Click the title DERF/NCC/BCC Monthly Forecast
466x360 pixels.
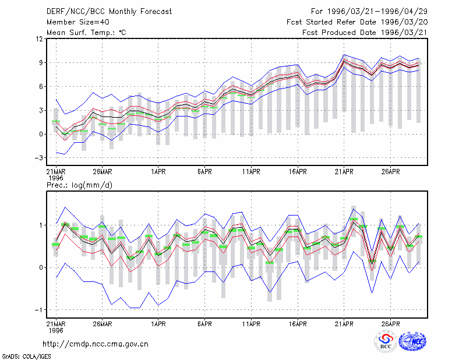pyautogui.click(x=109, y=12)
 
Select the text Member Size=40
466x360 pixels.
pyautogui.click(x=78, y=22)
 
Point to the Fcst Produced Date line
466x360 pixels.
pyautogui.click(x=365, y=33)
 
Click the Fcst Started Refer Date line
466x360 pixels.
pyautogui.click(x=357, y=22)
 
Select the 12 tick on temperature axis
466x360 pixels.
pyautogui.click(x=40, y=39)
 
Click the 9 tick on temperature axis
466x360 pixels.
pyautogui.click(x=41, y=63)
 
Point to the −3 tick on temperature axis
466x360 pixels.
pyautogui.click(x=39, y=158)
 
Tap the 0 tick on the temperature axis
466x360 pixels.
pyautogui.click(x=41, y=134)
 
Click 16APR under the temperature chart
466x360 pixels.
pyautogui.click(x=298, y=172)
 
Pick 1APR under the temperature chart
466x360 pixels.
pyautogui.click(x=158, y=172)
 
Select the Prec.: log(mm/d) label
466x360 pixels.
pyautogui.click(x=79, y=185)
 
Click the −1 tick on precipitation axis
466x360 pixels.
pyautogui.click(x=39, y=310)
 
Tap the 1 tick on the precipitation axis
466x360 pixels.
pyautogui.click(x=41, y=225)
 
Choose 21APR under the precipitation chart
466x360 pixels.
pyautogui.click(x=344, y=324)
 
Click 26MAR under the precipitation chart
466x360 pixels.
pyautogui.click(x=103, y=324)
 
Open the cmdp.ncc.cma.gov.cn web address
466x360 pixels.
pyautogui.click(x=96, y=344)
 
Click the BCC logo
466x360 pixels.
pyautogui.click(x=386, y=342)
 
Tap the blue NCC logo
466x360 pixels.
pyautogui.click(x=413, y=341)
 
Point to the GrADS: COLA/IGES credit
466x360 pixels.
pyautogui.click(x=26, y=357)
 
